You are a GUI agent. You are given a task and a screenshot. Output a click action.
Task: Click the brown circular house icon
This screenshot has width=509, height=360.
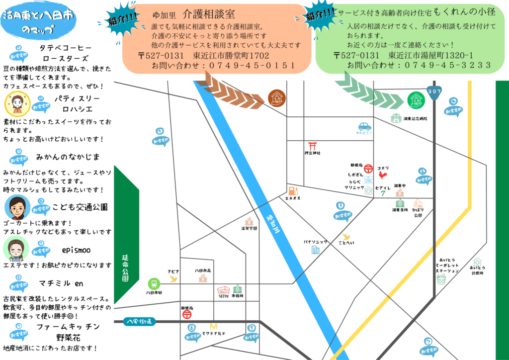[275, 97]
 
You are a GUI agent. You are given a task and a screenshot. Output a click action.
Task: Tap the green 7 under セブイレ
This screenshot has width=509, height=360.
[383, 193]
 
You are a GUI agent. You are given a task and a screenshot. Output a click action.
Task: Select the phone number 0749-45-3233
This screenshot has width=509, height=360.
[447, 65]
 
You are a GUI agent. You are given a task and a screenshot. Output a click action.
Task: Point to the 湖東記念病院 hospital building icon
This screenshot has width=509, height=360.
[396, 118]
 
